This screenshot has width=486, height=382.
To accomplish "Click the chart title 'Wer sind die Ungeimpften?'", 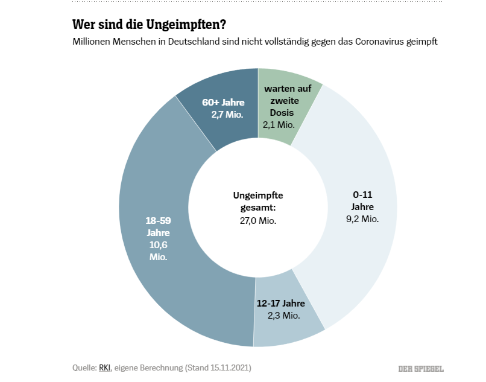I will tap(150, 25).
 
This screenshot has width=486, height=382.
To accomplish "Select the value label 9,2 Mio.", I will tap(363, 218).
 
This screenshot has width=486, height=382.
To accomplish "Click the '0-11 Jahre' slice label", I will tap(363, 201).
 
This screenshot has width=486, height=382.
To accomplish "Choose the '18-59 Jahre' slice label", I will tap(158, 226).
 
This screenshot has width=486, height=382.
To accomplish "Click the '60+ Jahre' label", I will tap(222, 102).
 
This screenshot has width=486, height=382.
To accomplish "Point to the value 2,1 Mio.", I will tap(278, 125).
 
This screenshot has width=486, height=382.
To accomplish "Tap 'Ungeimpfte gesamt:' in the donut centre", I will tap(257, 202).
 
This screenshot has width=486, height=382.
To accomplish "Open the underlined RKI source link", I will tap(105, 368).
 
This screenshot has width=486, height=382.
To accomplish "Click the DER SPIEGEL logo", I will tap(420, 368).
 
